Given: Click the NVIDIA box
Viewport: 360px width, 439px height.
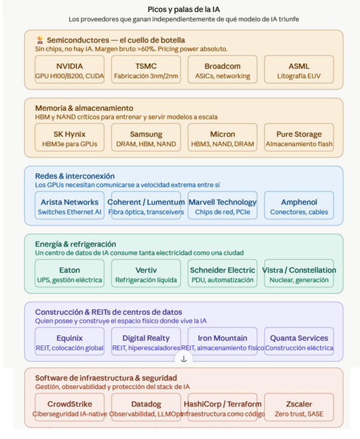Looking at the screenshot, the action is click(70, 69).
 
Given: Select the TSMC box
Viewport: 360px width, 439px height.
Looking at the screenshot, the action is click(146, 69).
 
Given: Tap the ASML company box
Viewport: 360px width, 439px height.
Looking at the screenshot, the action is click(299, 69).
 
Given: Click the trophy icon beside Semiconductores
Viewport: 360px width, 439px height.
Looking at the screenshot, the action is click(40, 40).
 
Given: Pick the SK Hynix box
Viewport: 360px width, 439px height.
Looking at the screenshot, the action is click(70, 137).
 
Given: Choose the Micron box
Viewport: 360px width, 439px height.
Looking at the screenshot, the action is click(223, 137).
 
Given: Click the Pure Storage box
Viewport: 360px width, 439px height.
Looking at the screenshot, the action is click(299, 137).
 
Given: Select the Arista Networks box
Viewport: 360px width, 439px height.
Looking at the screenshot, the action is click(70, 205).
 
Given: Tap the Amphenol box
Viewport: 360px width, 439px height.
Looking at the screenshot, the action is click(299, 205).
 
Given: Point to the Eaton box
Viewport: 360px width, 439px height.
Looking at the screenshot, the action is click(70, 273).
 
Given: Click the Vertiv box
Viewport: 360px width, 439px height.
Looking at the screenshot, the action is click(146, 273).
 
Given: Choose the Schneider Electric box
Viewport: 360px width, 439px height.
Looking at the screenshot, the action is click(223, 273).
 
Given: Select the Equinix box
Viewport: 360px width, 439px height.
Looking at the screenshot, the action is click(70, 341).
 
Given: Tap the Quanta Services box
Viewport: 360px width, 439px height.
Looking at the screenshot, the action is click(299, 341).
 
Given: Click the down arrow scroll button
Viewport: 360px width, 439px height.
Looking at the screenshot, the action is click(183, 359).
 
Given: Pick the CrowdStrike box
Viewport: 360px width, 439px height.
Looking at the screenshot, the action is click(70, 407).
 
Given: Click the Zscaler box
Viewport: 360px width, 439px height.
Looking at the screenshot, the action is click(299, 407).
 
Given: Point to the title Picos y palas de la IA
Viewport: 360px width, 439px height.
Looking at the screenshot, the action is click(183, 9).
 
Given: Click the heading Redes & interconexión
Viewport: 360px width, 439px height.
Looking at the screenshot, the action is click(75, 176).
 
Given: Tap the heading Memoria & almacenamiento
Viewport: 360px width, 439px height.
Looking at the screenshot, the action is click(84, 108).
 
